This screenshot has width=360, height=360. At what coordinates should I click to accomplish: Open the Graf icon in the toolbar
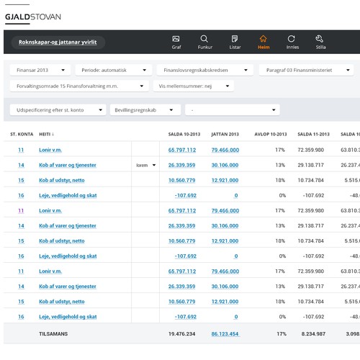176,41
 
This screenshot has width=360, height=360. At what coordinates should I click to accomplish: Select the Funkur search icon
204,41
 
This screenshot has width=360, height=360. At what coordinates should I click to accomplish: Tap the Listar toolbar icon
234,41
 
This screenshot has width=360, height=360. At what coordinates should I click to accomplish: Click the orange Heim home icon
264,41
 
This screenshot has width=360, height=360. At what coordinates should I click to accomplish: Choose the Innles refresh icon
292,41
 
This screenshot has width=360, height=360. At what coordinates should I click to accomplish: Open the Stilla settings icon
320,41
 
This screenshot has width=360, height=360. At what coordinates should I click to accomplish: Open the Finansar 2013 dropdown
41,71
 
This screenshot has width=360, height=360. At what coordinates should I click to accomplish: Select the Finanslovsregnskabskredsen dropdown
204,71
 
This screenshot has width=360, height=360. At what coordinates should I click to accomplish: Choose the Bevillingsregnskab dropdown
146,110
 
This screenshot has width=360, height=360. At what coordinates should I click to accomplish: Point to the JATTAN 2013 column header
225,135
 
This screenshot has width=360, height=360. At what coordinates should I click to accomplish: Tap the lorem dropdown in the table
146,165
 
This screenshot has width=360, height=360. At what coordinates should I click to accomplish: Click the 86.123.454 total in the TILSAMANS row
225,334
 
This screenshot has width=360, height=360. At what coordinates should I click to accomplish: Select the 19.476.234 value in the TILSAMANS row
181,334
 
